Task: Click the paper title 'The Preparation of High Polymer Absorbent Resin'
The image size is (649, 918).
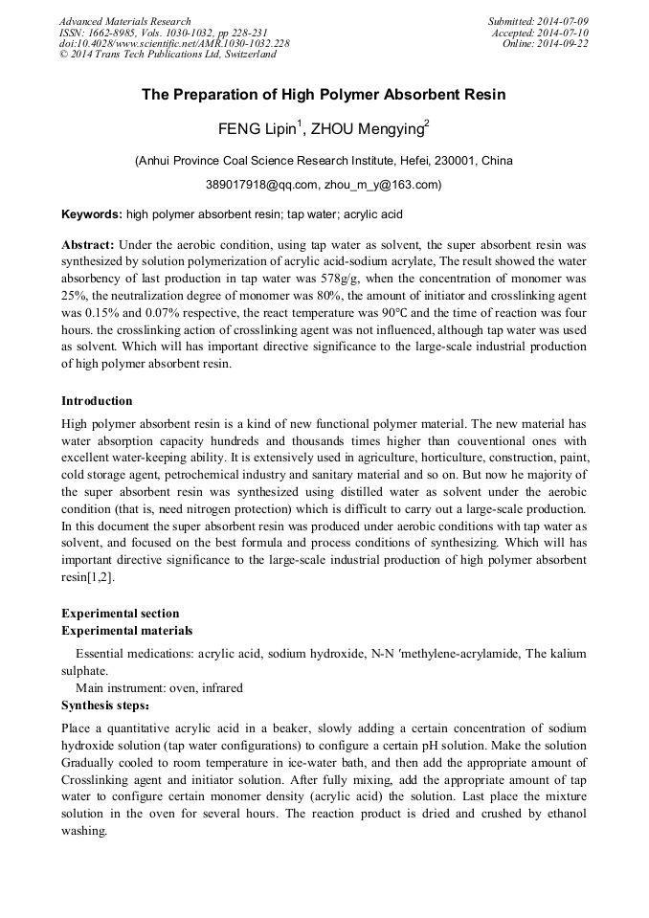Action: click(x=324, y=95)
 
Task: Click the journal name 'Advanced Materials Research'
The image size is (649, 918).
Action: click(x=125, y=21)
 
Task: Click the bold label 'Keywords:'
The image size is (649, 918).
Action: click(x=92, y=215)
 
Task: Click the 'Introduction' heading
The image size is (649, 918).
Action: click(x=97, y=400)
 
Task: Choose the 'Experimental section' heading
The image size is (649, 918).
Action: click(x=120, y=614)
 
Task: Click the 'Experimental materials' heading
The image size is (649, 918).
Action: click(x=126, y=631)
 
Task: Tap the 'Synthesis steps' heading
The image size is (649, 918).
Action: click(x=105, y=705)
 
